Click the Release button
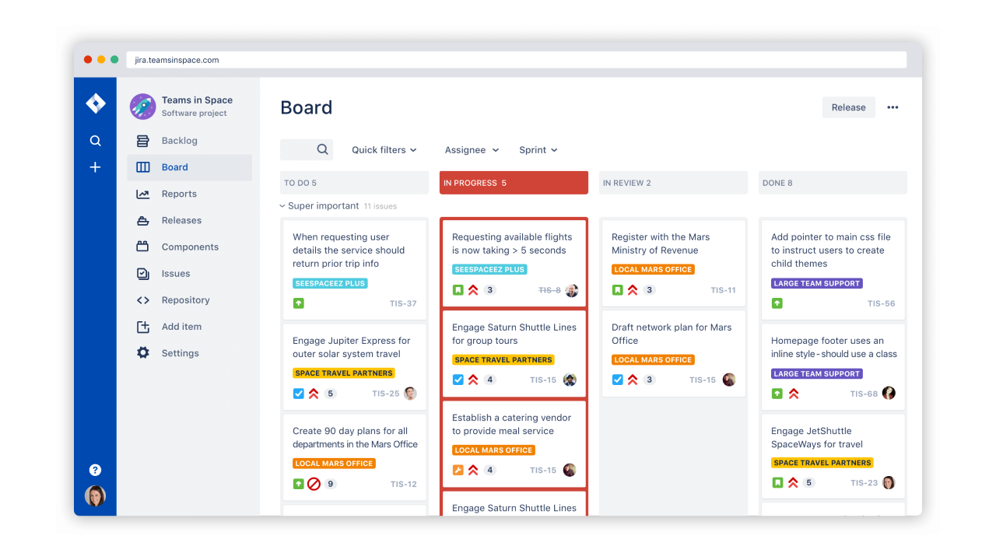(848, 107)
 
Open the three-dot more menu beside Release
(893, 107)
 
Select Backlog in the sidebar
(179, 141)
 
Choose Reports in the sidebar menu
(179, 194)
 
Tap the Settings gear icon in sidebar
(143, 353)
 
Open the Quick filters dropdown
(384, 150)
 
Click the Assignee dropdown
(472, 150)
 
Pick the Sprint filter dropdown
(538, 150)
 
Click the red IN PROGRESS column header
(514, 183)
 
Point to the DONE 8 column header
(833, 183)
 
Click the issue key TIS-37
(403, 303)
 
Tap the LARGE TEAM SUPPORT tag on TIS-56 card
(816, 283)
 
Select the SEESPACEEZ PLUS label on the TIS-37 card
(330, 283)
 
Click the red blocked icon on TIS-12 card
(314, 484)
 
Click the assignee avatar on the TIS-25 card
(410, 394)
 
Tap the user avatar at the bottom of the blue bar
(95, 495)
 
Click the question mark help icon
(95, 470)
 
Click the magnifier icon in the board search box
(322, 149)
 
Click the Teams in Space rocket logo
(143, 107)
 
